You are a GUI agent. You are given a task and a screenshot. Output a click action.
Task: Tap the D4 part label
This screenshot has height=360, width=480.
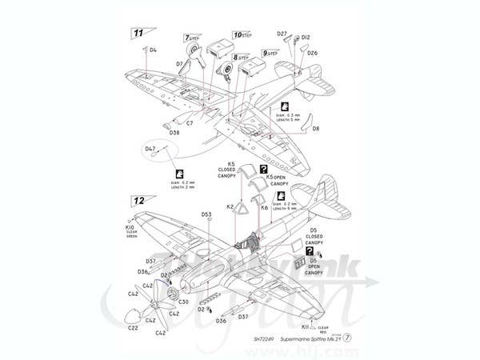point(153,50)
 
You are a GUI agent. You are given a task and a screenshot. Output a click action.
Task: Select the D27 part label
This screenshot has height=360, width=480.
point(282,34)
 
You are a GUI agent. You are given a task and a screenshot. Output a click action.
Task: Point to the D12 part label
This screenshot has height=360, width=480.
point(306,36)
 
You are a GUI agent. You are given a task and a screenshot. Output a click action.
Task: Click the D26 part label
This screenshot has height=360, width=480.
point(312,53)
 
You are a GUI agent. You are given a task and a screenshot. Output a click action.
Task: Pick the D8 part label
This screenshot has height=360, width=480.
point(316,128)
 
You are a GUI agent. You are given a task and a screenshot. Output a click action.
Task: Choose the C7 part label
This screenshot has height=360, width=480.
point(190,123)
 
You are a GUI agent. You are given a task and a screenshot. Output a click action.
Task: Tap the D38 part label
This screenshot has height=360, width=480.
point(174,132)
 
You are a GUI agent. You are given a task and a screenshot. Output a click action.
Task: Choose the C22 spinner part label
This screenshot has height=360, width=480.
point(132,326)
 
